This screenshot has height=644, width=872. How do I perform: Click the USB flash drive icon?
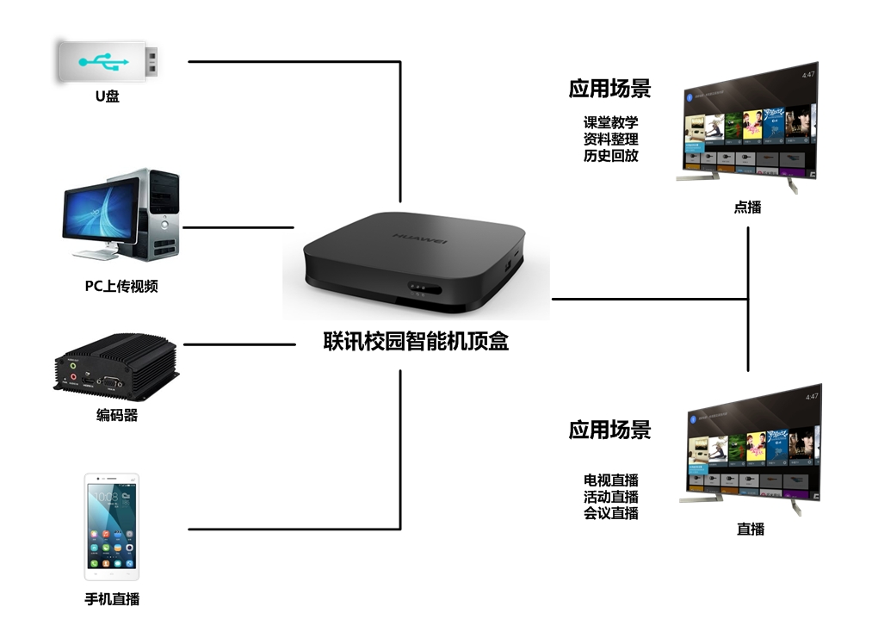click(x=107, y=62)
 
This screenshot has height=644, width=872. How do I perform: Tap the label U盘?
click(x=108, y=96)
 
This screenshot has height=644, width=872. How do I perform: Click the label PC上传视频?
click(x=121, y=287)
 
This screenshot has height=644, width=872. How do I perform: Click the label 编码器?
click(x=117, y=416)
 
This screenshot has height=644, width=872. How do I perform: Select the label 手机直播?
click(x=112, y=599)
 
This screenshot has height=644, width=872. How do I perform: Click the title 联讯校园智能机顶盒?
click(x=416, y=342)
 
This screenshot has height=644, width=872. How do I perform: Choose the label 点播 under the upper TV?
click(x=747, y=207)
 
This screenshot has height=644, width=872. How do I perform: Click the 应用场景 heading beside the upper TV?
click(x=609, y=89)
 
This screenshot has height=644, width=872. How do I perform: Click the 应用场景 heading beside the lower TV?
click(x=609, y=430)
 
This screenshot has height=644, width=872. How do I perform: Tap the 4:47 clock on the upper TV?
click(x=807, y=76)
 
